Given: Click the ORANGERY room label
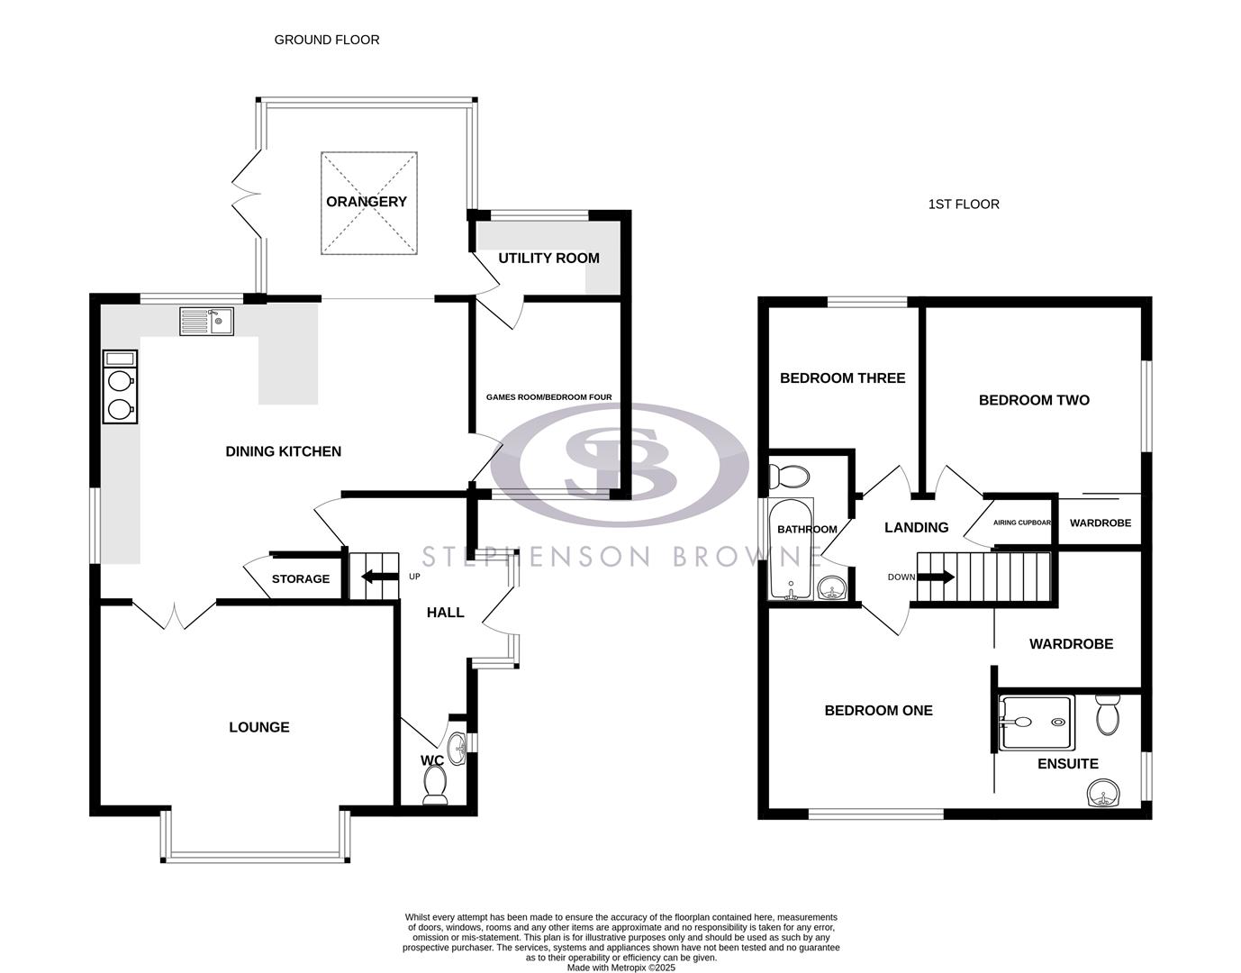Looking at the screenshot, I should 367,202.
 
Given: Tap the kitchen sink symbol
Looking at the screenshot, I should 207,322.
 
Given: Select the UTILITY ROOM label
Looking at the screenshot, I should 548,259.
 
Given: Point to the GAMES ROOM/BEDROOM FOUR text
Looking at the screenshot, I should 548,397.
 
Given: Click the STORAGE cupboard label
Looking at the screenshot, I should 301,579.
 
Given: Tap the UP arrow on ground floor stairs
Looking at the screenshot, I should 378,577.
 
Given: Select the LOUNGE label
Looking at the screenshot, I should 259,727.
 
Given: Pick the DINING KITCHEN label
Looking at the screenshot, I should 283,451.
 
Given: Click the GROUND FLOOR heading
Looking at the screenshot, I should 327,40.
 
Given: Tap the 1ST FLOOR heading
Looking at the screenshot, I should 964,205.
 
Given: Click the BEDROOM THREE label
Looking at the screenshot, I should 842,378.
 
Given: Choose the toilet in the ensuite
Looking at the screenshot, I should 1107,714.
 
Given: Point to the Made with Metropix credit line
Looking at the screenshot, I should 620,968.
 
